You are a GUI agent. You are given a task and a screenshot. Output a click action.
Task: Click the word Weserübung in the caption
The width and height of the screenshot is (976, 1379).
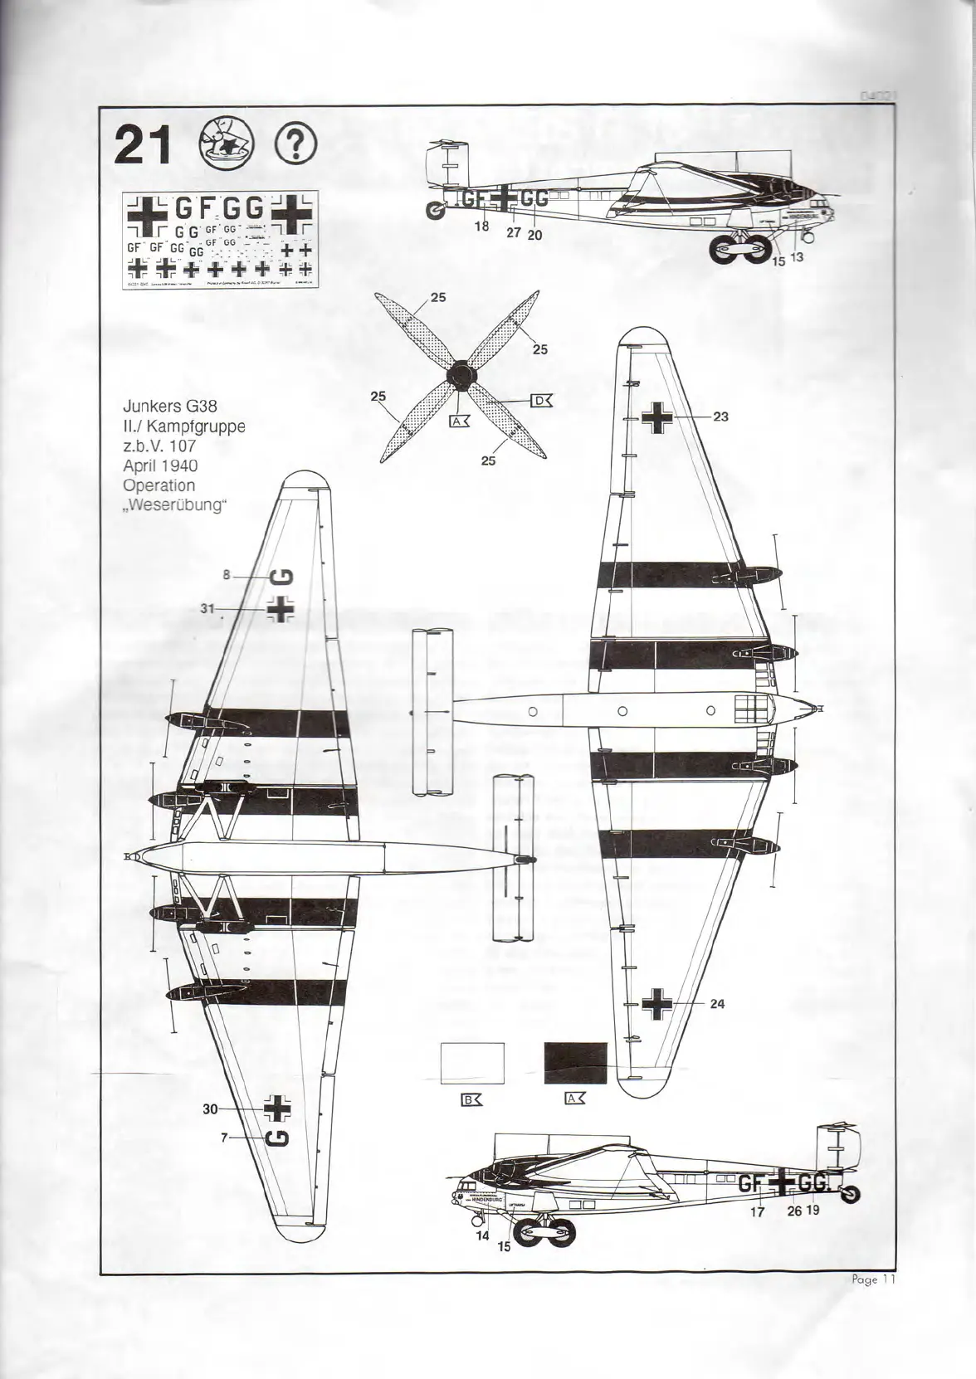175,504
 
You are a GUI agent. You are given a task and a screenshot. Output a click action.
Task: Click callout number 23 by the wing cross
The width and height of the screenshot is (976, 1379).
720,417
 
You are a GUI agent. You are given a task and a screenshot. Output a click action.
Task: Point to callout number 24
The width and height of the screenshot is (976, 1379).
718,1004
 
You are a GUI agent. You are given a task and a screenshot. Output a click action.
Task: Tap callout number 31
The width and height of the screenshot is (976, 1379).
207,609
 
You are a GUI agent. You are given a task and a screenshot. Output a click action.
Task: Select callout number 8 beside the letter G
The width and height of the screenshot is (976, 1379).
226,574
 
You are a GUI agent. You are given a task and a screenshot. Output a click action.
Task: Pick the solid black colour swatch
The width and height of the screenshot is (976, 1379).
575,1063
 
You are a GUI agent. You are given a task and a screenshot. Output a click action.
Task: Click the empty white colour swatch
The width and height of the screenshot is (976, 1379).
472,1063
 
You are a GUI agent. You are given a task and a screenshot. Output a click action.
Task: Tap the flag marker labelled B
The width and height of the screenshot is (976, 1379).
471,1100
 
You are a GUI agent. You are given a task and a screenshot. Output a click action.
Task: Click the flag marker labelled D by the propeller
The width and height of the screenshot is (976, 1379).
541,402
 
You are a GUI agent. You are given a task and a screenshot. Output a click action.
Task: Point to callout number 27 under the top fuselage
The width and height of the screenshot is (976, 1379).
514,233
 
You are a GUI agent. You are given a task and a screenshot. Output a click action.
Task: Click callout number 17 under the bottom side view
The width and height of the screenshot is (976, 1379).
757,1211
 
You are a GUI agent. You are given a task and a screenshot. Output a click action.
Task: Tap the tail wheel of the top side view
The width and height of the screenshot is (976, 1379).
434,213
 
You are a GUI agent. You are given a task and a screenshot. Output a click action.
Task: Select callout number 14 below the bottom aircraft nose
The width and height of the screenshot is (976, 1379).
483,1235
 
